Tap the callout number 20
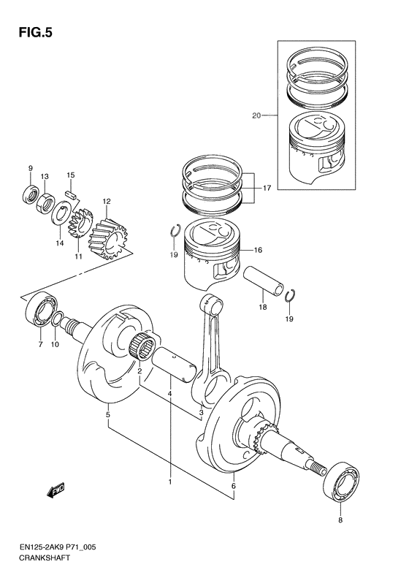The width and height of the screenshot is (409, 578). tap(256, 115)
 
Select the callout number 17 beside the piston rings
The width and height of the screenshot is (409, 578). tap(267, 188)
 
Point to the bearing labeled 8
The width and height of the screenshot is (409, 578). tap(340, 482)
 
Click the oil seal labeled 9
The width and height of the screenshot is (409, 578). tap(31, 194)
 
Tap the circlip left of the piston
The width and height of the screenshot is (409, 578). tap(174, 232)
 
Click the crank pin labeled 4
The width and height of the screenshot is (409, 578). tap(173, 362)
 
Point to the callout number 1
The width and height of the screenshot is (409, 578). tap(170, 482)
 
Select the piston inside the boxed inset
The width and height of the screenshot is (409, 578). tap(318, 149)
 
